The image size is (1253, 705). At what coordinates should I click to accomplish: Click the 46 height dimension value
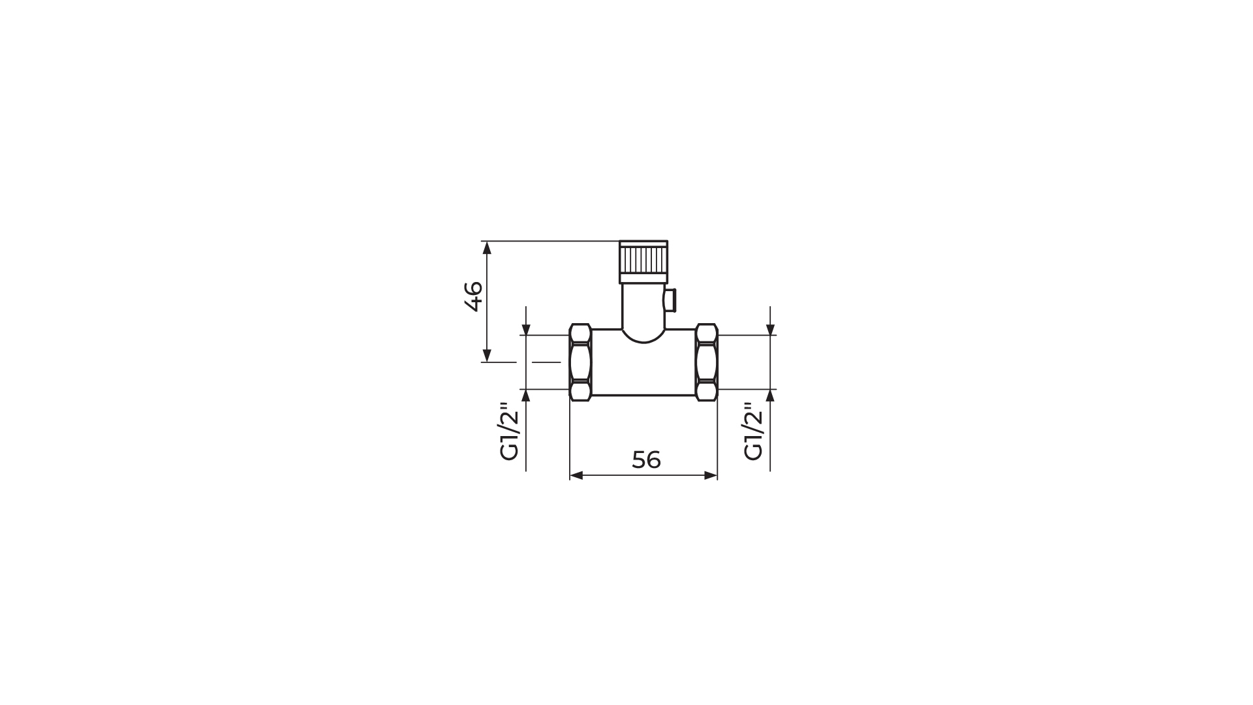tap(473, 296)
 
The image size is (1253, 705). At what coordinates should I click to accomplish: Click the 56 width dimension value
tap(646, 460)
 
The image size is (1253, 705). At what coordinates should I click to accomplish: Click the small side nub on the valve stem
tap(670, 300)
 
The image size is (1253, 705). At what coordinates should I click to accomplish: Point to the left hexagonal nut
tap(580, 362)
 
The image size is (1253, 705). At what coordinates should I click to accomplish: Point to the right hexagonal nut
tap(706, 362)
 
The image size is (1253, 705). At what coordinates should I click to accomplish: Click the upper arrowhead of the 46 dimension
tap(487, 246)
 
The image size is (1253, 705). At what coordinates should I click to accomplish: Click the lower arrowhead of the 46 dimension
tap(487, 356)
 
